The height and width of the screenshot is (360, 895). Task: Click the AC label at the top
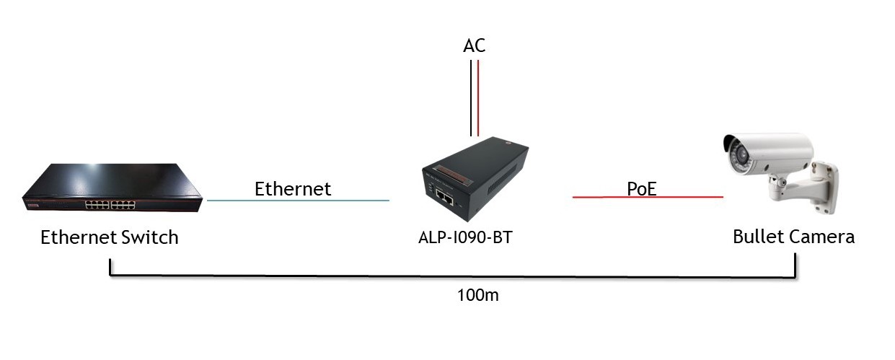(x=474, y=46)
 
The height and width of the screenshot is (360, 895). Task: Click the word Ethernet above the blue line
(x=292, y=189)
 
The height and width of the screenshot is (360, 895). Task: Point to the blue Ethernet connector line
(x=298, y=201)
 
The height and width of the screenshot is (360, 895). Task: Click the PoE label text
(x=642, y=189)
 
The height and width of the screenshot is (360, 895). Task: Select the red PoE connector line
(x=647, y=197)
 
